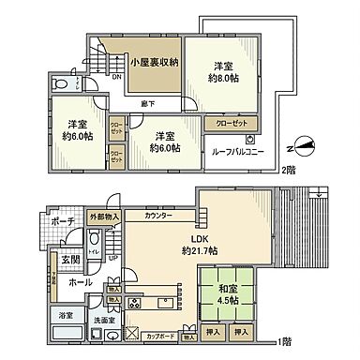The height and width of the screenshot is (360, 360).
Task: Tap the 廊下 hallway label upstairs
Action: [x=148, y=103]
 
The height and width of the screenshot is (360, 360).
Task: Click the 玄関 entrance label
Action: [x=70, y=259]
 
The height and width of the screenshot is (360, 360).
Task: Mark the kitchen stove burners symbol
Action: [x=134, y=303]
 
